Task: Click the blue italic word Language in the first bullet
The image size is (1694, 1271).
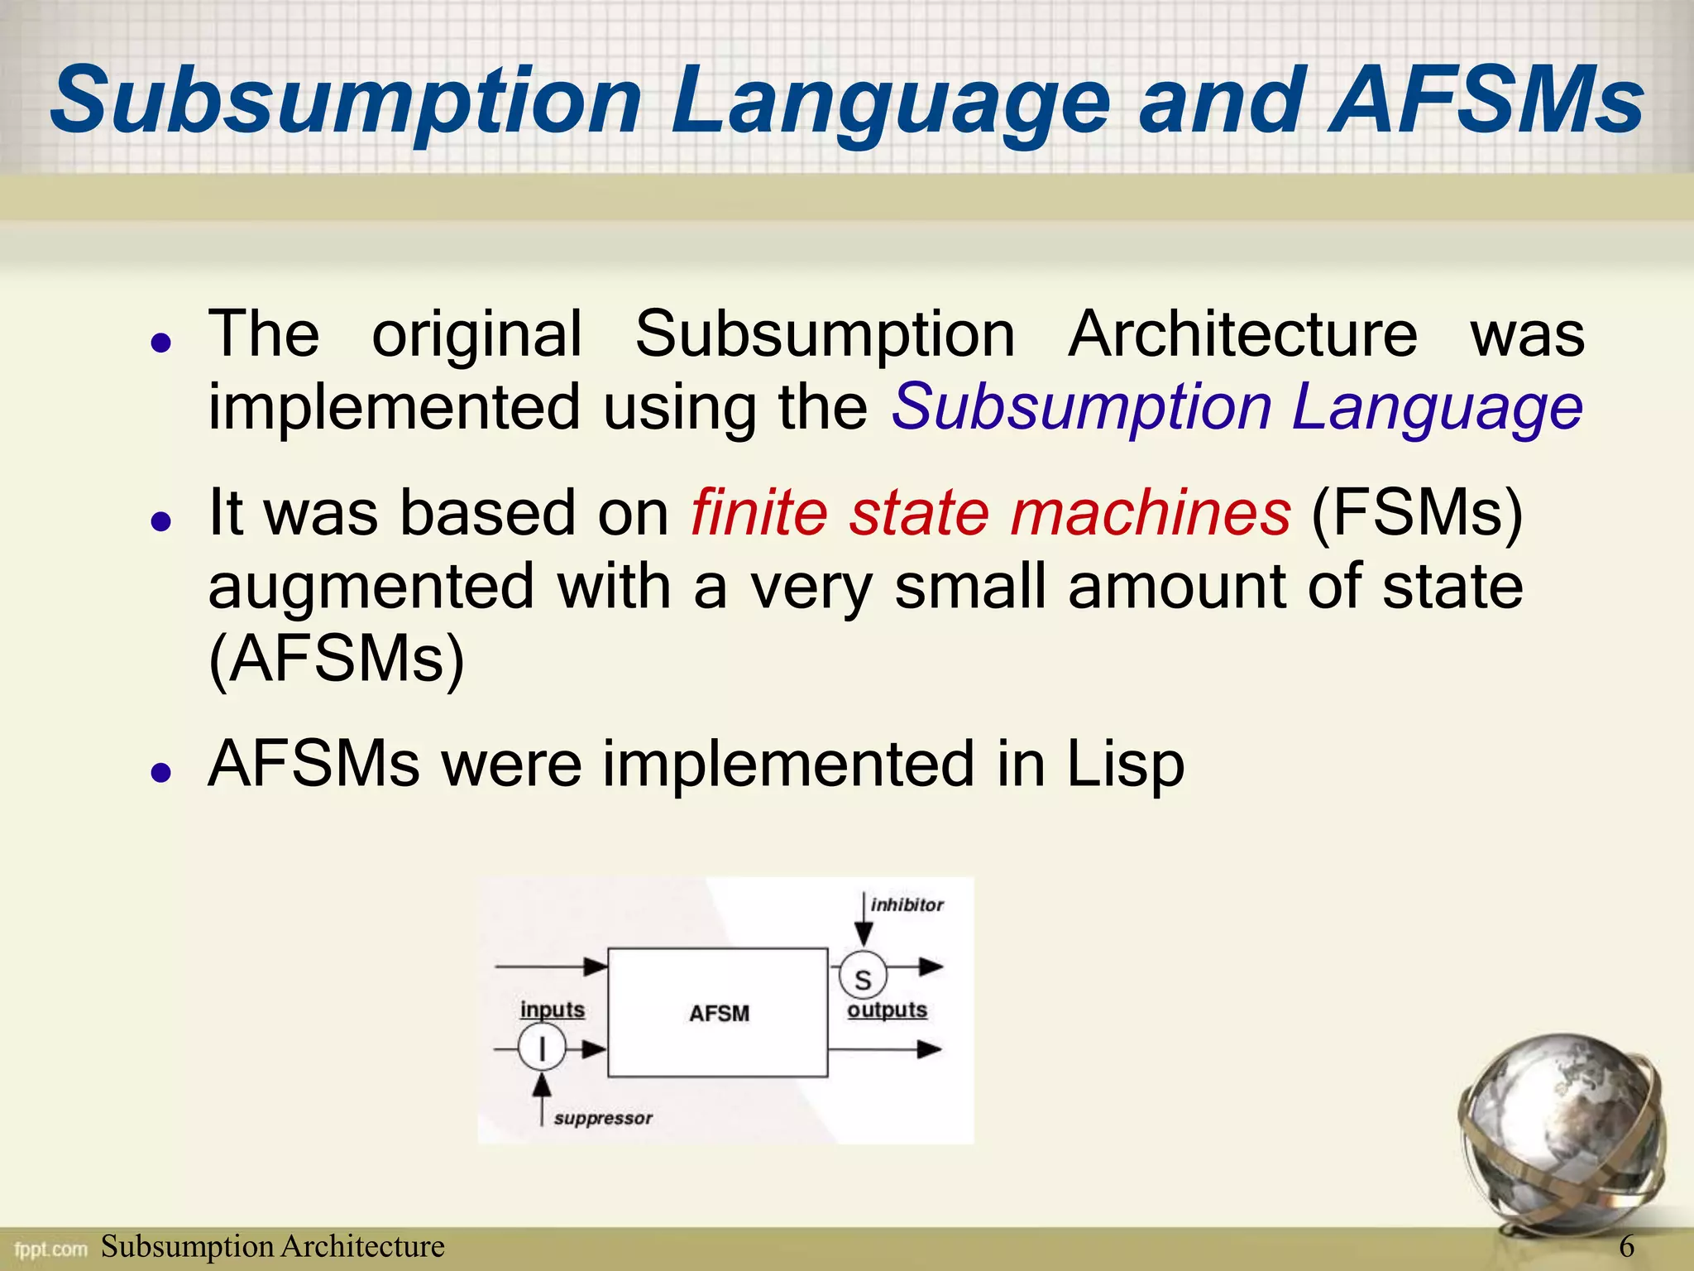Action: click(1437, 407)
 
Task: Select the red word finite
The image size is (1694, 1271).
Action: click(758, 512)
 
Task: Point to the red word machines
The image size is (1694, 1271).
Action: click(1150, 512)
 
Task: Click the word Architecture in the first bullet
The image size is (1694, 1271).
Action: click(1242, 334)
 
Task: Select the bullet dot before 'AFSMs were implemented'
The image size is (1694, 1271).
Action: click(161, 772)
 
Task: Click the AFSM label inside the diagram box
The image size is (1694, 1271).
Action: click(719, 1013)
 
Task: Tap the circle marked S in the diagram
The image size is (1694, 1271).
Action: click(863, 977)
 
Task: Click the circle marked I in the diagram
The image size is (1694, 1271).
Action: click(542, 1048)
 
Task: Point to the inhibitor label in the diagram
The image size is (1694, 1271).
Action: click(907, 905)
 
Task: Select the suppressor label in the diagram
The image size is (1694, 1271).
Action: click(603, 1119)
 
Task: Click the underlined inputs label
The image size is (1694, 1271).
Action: click(552, 1010)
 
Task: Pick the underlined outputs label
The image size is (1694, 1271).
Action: click(887, 1010)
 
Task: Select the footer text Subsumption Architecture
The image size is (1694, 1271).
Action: click(272, 1246)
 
